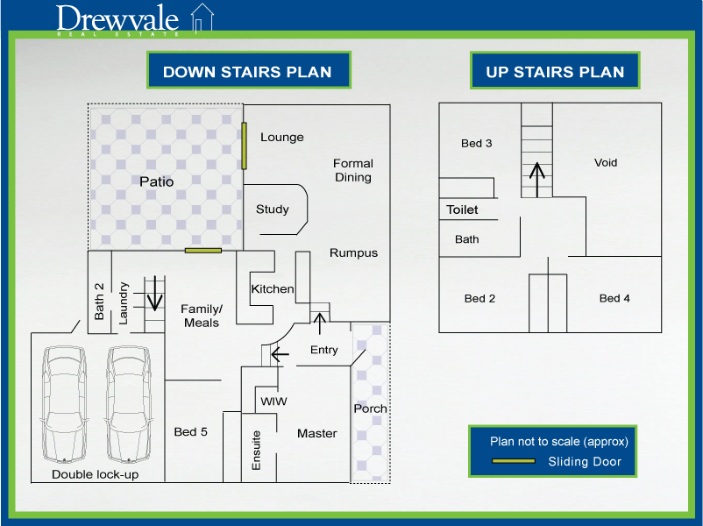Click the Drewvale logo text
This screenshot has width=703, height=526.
coord(117,19)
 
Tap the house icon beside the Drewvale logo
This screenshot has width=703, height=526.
coord(202,18)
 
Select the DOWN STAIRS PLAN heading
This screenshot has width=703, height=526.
coord(247,72)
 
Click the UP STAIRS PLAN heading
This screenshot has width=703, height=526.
coord(555,72)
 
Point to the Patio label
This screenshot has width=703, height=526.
coord(157,181)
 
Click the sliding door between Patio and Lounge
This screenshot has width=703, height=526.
coord(244,146)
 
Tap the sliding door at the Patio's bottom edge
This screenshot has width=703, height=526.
coord(203,250)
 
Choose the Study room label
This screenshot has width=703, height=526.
coord(272,210)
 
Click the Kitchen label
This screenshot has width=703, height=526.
coord(273,288)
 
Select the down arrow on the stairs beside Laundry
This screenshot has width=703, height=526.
coord(155,294)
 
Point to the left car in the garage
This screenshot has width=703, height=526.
coord(64,403)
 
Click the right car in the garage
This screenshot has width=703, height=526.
coord(129,403)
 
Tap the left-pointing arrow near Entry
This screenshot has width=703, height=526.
coord(280,354)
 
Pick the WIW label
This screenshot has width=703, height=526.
coord(273,402)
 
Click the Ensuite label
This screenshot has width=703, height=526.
coord(256,451)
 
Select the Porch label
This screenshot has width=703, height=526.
coord(370,409)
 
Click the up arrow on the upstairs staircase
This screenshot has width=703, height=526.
coord(537,180)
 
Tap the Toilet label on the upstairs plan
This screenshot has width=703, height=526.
coord(462,210)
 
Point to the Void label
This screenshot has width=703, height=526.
coord(606,162)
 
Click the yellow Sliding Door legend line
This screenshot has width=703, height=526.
coord(514,461)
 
